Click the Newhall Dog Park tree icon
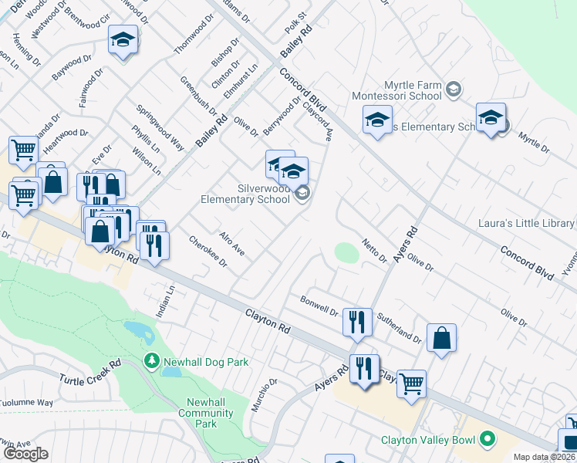[152, 360]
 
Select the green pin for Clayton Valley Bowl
[487, 441]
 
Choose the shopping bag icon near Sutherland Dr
[440, 338]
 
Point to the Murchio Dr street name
[267, 394]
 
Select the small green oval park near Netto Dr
[346, 252]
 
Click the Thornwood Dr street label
[193, 36]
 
